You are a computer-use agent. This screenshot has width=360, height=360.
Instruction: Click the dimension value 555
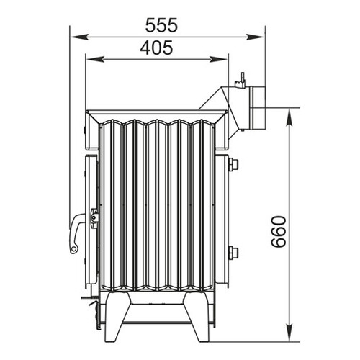pos(161,25)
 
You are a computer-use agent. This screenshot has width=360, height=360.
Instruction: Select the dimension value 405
pos(156,48)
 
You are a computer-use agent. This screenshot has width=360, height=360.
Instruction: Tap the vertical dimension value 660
pos(279,231)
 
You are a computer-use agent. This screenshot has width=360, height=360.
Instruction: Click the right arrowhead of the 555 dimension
pos(255,37)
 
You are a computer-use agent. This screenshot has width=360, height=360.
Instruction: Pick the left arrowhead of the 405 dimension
pos(95,59)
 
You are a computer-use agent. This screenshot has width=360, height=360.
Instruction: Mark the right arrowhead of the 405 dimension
pos(218,59)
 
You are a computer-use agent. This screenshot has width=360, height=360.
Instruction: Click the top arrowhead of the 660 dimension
pos(290,117)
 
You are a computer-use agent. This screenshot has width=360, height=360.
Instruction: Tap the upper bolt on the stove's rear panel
pos(233,164)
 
